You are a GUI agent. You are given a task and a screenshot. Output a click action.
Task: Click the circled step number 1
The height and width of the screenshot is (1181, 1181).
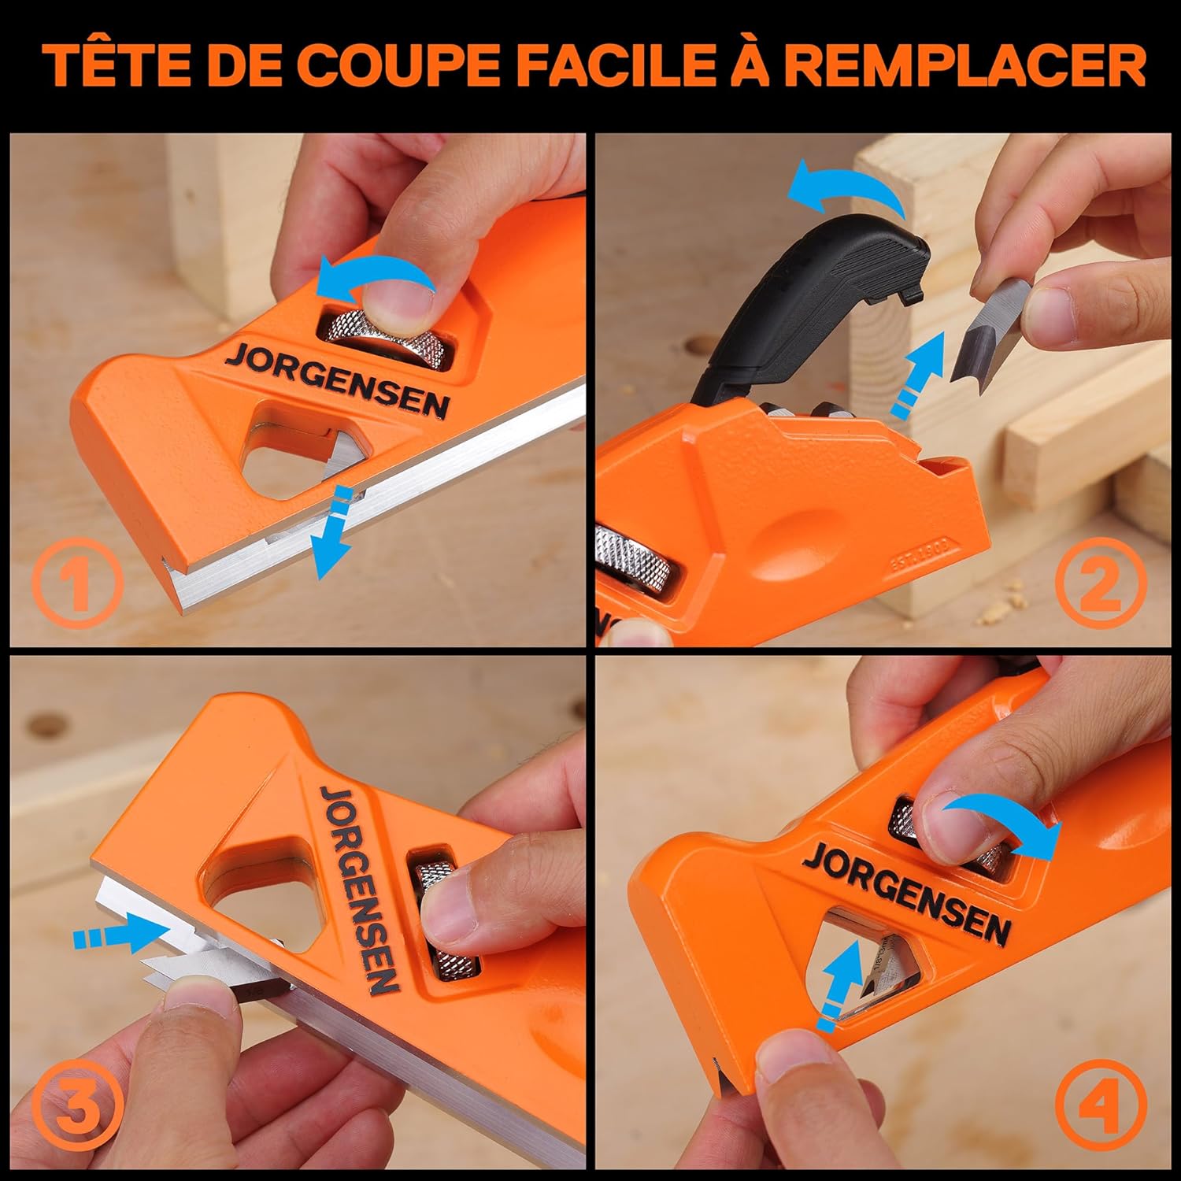coord(77,583)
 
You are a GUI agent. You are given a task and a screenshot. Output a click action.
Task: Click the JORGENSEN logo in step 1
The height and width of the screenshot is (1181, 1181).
coord(337,380)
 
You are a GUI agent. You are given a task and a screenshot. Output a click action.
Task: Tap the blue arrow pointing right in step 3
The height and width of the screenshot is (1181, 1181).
coord(110,937)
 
